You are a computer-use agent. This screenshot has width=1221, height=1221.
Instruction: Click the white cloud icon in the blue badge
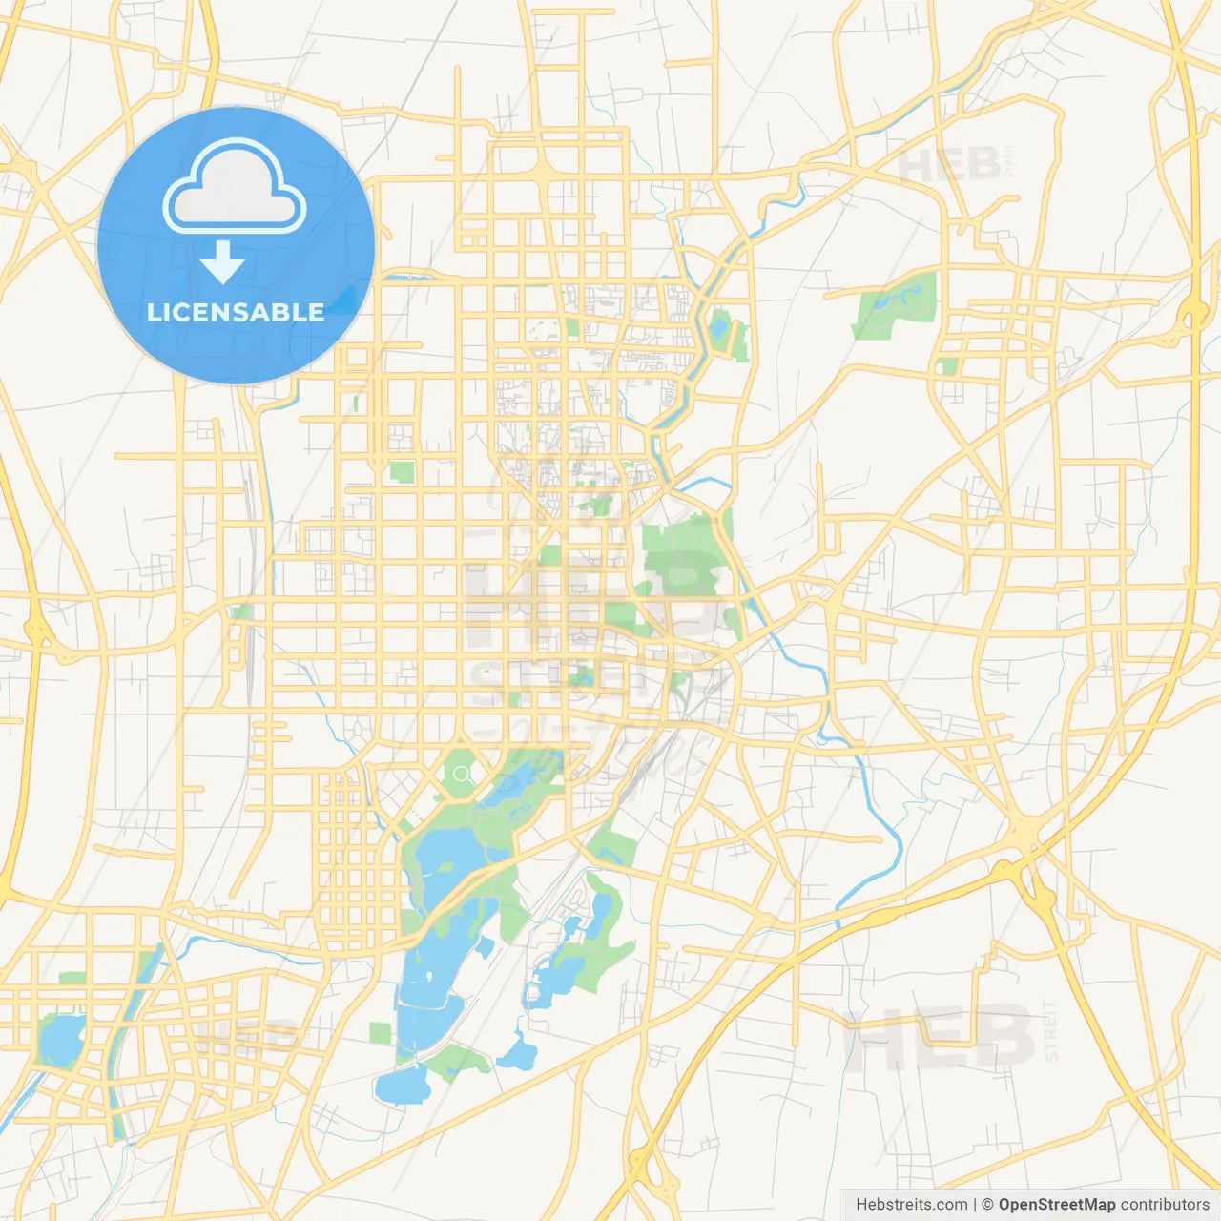pos(235,187)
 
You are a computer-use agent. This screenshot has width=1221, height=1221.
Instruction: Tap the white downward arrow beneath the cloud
pos(222,261)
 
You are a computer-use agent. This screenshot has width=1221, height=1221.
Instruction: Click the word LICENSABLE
pos(236,312)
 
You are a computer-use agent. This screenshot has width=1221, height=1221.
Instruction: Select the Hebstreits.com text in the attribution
pos(911,1204)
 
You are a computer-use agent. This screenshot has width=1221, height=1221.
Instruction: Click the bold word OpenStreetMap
pos(1056,1204)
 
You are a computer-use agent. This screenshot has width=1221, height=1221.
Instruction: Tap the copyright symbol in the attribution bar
pos(987,1204)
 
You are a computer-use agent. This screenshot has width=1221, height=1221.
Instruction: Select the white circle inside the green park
pos(462,774)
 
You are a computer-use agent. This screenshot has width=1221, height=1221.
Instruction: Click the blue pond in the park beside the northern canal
pos(718,328)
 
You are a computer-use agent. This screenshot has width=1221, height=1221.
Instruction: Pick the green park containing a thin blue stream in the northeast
pos(897,303)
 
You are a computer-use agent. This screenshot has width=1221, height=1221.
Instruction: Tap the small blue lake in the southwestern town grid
pos(59,1040)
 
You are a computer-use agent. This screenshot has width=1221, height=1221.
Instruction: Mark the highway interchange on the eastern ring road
pos(1192,313)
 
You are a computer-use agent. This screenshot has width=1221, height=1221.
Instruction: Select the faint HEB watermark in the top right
pos(949,164)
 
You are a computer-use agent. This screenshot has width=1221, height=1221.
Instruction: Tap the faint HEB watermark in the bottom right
pos(940,1040)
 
